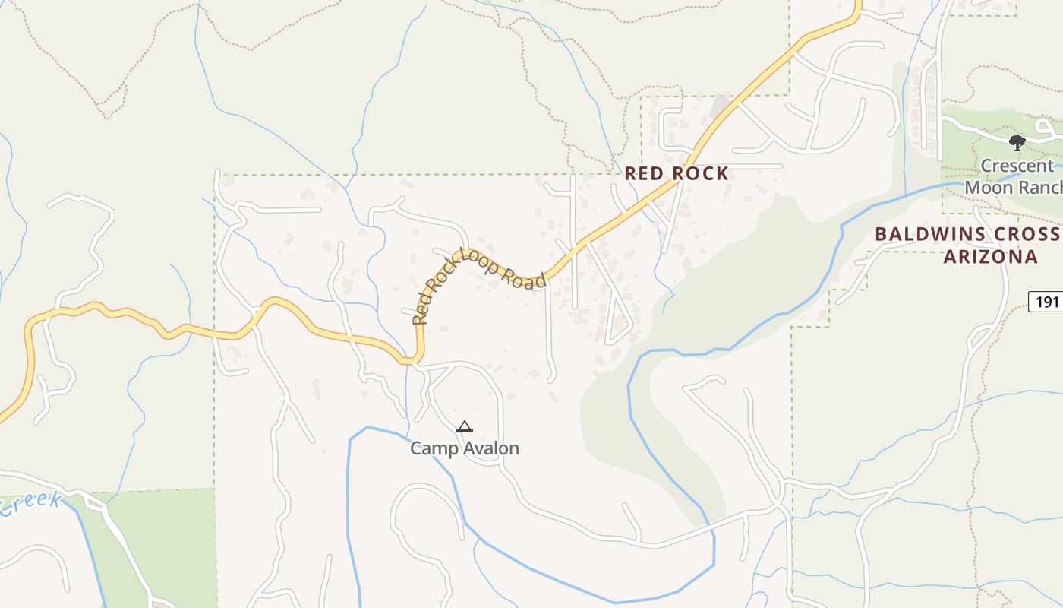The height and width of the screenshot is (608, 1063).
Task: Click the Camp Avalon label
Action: pos(465,448)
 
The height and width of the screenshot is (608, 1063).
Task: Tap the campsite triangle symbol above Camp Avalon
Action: pos(465,427)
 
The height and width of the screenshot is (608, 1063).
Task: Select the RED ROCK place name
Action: pos(677,173)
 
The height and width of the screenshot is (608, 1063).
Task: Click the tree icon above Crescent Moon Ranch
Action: pos(1017,142)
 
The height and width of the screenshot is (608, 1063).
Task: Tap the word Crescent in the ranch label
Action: pos(1017,166)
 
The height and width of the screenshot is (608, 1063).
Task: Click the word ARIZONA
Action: pos(990,257)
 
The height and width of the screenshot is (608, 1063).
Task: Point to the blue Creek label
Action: pos(30,503)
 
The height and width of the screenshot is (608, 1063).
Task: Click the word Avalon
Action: pos(492,448)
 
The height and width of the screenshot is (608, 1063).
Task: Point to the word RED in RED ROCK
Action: pos(642,173)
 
